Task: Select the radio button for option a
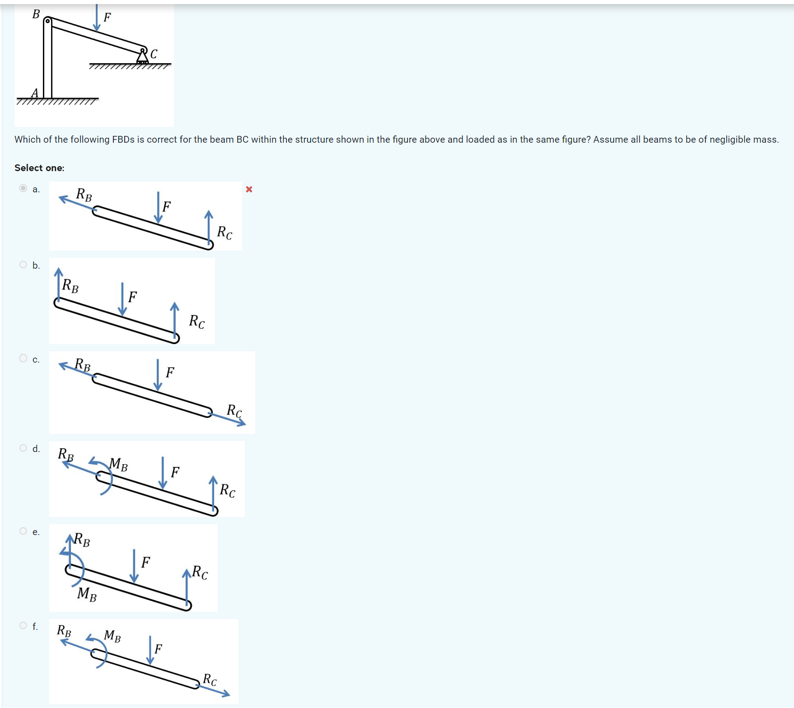point(23,188)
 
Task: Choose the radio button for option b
point(23,265)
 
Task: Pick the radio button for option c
point(23,359)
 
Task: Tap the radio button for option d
point(23,448)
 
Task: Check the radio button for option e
point(23,531)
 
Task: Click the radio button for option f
point(23,625)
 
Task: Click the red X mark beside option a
point(249,189)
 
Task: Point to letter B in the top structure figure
point(36,14)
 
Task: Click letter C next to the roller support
point(154,54)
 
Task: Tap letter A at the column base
point(35,93)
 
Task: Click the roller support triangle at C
point(142,57)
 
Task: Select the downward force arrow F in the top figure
point(97,18)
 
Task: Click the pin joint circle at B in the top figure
point(47,21)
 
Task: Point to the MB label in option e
point(87,594)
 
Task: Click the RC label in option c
point(234,411)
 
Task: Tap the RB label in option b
point(70,286)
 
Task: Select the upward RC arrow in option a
point(208,228)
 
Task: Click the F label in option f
point(158,649)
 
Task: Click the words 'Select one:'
point(39,168)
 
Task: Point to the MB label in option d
point(118,464)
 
